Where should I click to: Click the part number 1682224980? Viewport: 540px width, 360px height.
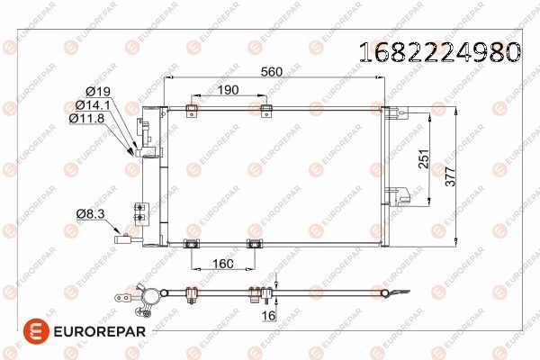point(438,52)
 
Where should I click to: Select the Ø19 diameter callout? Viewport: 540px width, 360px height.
point(97,91)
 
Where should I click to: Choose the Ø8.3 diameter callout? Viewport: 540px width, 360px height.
point(90,213)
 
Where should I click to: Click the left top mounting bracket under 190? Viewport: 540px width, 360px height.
point(190,110)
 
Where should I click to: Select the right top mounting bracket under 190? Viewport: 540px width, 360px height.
point(265,110)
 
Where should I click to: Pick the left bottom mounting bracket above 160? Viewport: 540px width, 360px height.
point(192,243)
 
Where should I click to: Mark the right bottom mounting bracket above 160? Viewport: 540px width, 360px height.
point(254,243)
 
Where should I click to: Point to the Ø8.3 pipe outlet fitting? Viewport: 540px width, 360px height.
point(125,238)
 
